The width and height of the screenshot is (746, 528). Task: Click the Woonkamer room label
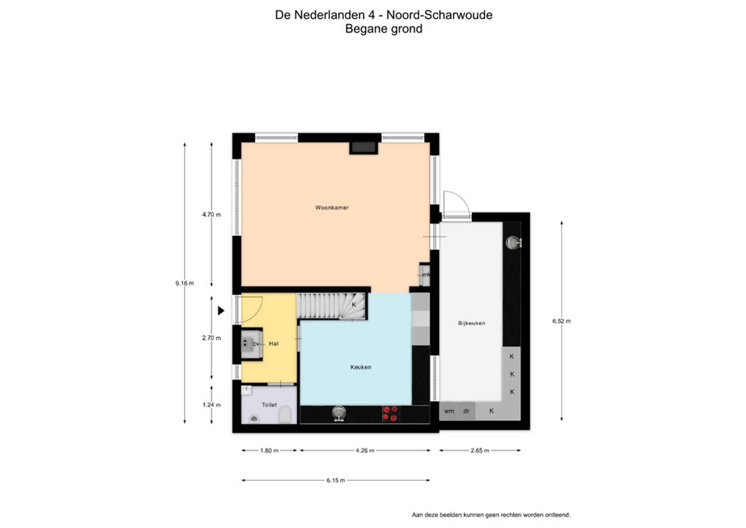pyautogui.click(x=331, y=208)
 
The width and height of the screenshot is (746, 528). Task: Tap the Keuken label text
pyautogui.click(x=361, y=367)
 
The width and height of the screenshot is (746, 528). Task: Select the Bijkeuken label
pyautogui.click(x=471, y=323)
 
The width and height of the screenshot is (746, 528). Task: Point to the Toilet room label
pyautogui.click(x=269, y=404)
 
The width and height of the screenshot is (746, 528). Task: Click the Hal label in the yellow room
pyautogui.click(x=274, y=343)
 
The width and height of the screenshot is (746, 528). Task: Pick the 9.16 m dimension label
pyautogui.click(x=184, y=283)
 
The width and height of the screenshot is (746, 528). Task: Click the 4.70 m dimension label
pyautogui.click(x=211, y=215)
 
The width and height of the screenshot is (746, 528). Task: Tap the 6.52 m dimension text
pyautogui.click(x=561, y=321)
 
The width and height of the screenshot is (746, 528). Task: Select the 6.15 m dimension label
pyautogui.click(x=335, y=480)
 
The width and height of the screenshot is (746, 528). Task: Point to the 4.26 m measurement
pyautogui.click(x=365, y=450)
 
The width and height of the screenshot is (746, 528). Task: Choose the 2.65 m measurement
pyautogui.click(x=480, y=450)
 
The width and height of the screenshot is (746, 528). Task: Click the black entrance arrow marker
pyautogui.click(x=221, y=311)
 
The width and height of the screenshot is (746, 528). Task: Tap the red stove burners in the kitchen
pyautogui.click(x=390, y=414)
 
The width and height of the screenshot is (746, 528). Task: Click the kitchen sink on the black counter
pyautogui.click(x=339, y=413)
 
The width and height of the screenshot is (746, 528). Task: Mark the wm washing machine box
pyautogui.click(x=449, y=411)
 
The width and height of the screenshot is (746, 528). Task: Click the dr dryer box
pyautogui.click(x=467, y=411)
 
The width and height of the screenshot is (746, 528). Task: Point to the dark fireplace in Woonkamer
pyautogui.click(x=364, y=148)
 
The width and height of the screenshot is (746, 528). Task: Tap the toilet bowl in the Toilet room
pyautogui.click(x=284, y=415)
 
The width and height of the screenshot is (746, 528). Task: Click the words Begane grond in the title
pyautogui.click(x=384, y=28)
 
